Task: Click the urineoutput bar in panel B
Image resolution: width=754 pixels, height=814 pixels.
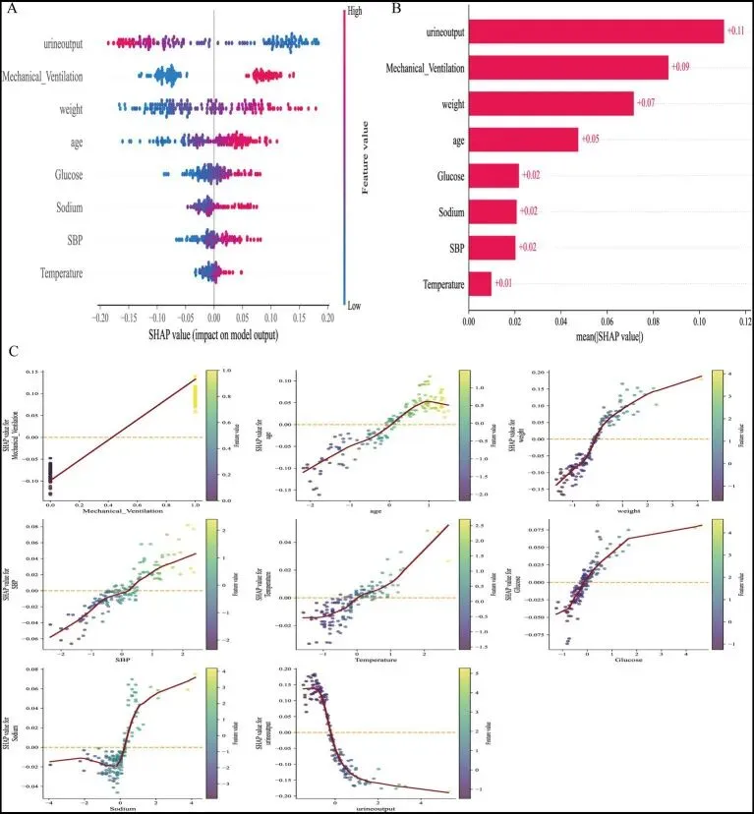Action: coord(595,32)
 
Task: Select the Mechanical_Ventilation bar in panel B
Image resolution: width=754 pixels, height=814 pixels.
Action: coord(568,67)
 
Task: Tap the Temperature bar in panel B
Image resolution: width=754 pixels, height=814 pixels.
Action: coord(479,283)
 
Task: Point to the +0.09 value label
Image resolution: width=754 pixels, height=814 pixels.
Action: coord(682,67)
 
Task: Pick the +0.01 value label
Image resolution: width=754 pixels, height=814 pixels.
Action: coord(504,284)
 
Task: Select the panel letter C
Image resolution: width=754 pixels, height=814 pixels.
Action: coord(13,350)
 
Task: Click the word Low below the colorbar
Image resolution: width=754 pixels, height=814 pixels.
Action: coord(355,307)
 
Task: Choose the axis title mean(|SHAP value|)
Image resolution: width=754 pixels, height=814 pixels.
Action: coord(605,337)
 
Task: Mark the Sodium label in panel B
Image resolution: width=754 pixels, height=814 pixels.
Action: coord(443,210)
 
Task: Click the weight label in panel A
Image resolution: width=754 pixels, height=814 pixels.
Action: coord(68,108)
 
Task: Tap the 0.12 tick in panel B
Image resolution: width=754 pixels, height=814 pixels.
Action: coord(744,320)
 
